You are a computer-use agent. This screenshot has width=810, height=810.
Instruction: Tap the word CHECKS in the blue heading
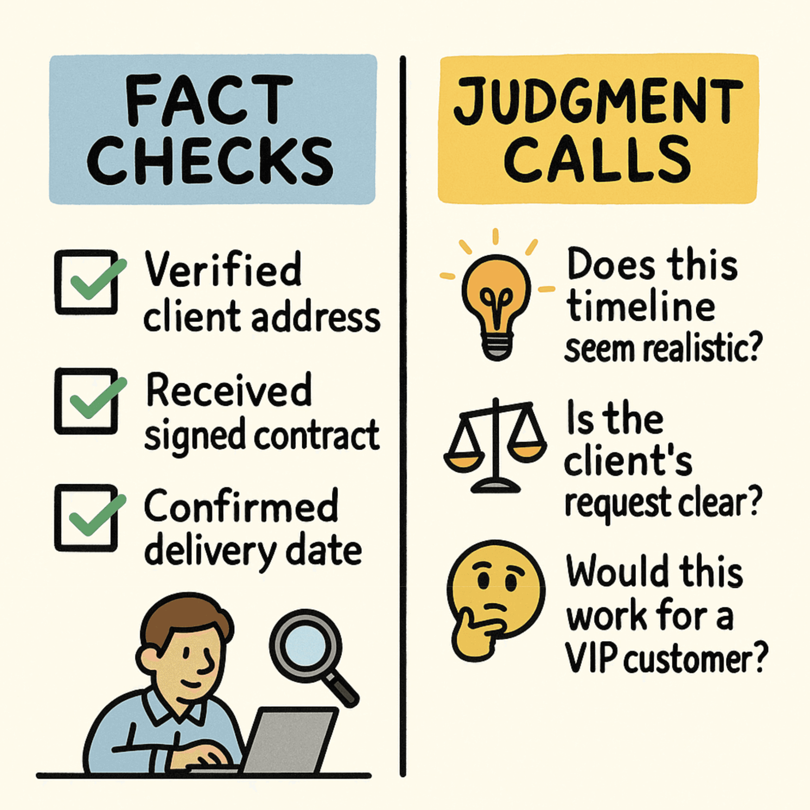(x=210, y=161)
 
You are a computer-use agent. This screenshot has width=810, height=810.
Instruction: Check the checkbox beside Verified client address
(x=86, y=282)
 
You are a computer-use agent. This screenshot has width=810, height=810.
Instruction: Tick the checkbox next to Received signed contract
(x=86, y=401)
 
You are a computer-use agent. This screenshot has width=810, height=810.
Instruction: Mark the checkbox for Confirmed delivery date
(x=86, y=517)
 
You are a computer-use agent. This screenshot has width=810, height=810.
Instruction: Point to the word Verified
(x=223, y=270)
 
